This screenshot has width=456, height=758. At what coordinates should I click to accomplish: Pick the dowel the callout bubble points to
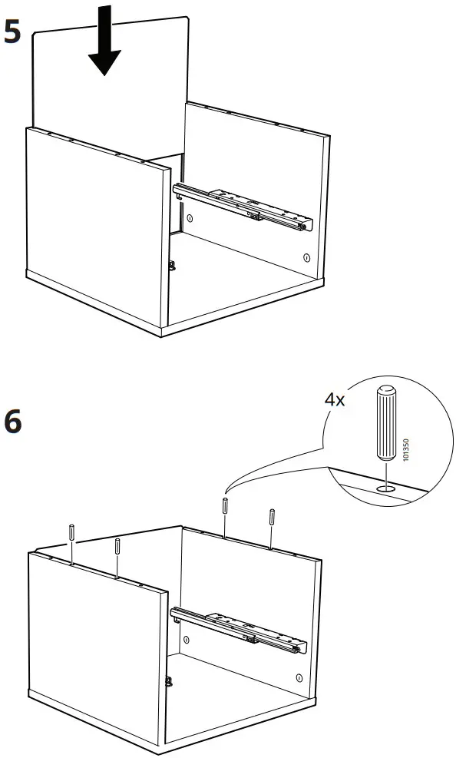pyautogui.click(x=225, y=507)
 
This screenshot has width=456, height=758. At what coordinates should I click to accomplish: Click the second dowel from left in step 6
pyautogui.click(x=117, y=546)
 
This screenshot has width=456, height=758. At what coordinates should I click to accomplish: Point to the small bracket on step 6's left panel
pyautogui.click(x=168, y=679)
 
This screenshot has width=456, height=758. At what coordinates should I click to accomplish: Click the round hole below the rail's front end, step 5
pyautogui.click(x=306, y=257)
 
